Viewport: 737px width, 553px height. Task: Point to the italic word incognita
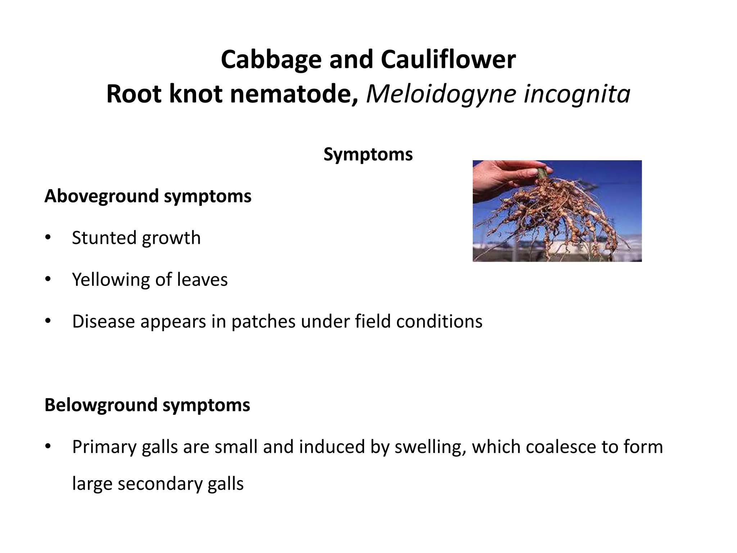577,94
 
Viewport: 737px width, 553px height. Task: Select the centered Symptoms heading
368,154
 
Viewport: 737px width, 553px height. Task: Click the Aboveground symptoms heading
148,196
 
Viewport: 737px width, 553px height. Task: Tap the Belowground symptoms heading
147,405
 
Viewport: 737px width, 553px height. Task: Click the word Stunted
104,238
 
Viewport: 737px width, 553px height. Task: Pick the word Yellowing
110,280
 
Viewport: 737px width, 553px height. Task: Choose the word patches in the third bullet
263,321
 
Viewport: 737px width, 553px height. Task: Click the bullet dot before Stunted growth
48,238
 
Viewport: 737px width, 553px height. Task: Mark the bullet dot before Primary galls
48,447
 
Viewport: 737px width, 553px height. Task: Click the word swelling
428,448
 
